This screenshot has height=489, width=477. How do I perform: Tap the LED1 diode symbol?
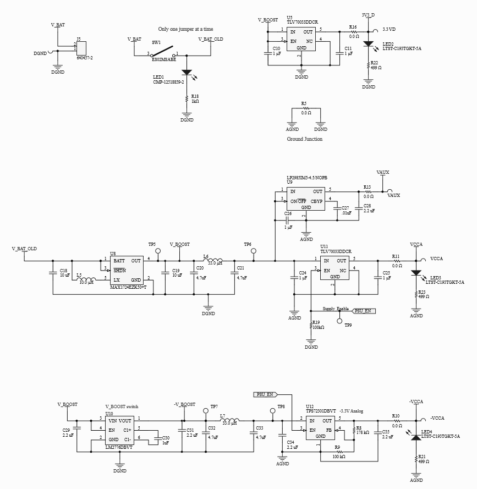pos(187,72)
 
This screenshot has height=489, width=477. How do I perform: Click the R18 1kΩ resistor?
pos(187,99)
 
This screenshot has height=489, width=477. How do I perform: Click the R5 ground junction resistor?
pos(306,108)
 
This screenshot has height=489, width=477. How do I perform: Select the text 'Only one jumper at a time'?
pos(185,29)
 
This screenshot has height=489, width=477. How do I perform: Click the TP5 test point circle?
pos(158,251)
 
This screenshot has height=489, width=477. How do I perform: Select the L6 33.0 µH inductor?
pos(212,261)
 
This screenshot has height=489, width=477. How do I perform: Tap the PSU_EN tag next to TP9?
pos(364,311)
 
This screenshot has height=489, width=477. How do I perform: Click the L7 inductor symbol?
pos(229,422)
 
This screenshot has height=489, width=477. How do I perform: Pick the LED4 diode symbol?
pos(415,437)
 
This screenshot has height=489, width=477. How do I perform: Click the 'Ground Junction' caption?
pos(304,139)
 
